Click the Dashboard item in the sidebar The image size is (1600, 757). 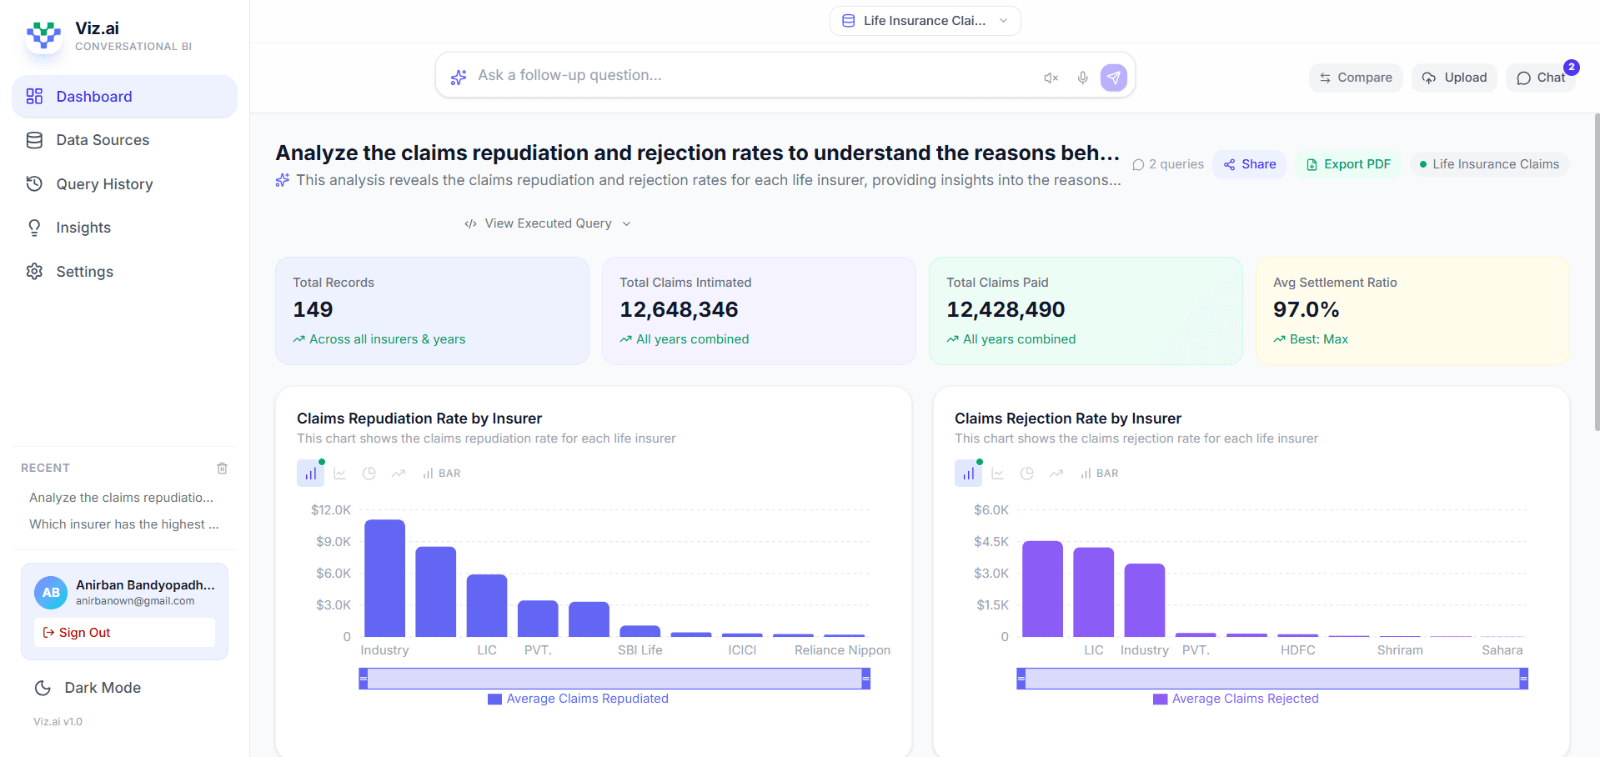point(93,97)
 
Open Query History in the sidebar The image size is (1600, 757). point(104,184)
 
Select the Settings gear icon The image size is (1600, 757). point(34,272)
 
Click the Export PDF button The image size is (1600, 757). point(1348,164)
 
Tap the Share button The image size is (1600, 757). point(1249,164)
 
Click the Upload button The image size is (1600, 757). point(1455,78)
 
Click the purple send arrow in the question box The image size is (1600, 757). point(1113,78)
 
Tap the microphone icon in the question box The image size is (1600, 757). point(1082,78)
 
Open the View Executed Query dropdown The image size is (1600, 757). point(548,223)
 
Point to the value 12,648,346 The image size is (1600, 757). point(679,310)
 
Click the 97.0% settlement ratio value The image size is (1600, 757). point(1306,310)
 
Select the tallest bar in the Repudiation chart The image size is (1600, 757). point(384,578)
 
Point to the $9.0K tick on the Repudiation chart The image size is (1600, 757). point(333,542)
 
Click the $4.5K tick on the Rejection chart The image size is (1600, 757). point(991,542)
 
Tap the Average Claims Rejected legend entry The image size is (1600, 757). point(1236,699)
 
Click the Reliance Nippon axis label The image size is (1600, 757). point(842,650)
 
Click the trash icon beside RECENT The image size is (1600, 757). point(222,469)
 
